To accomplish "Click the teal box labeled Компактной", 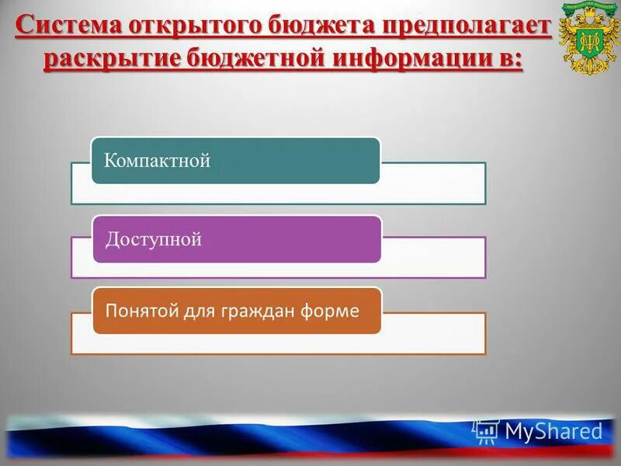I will [236, 161].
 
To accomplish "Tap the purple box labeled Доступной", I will [237, 239].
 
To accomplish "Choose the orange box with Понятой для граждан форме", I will [237, 311].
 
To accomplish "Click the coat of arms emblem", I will [586, 39].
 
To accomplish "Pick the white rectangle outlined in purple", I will [435, 259].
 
